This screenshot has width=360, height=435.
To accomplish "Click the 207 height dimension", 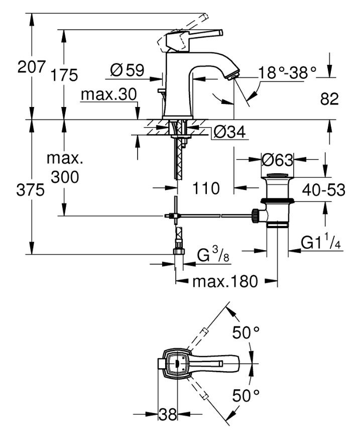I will (32, 67).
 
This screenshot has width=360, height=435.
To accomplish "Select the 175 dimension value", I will (64, 75).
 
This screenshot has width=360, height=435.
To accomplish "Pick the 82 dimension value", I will (329, 99).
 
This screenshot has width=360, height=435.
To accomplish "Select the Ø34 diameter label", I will (228, 132).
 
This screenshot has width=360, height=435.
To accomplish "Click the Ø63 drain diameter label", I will (277, 161).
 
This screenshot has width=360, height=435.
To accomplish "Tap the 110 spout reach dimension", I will (206, 189).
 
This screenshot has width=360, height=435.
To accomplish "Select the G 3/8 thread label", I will (212, 256).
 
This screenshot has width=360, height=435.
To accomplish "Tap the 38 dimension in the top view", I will (168, 415).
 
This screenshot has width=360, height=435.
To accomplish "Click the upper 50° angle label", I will (246, 333).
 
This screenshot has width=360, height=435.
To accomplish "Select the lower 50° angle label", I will (246, 395).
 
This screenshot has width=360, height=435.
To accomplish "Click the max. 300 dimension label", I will (64, 168).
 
